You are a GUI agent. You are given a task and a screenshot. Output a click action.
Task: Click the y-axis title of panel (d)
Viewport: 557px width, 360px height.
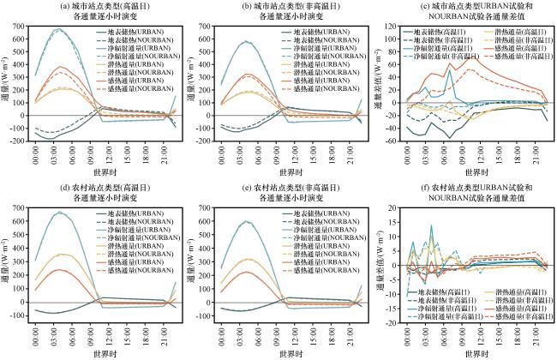tap(6, 261)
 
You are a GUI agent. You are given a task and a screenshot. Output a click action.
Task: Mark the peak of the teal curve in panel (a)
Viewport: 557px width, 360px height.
tap(57, 29)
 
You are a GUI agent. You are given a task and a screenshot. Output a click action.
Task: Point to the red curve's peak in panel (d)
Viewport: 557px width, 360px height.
tap(59, 269)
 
